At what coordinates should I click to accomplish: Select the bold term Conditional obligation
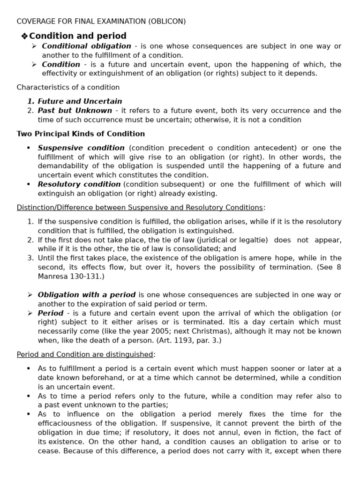pos(86,46)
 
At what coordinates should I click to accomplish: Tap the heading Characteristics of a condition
pos(68,87)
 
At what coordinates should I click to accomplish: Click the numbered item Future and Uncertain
pos(80,101)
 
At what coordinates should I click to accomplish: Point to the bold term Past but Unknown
pos(75,111)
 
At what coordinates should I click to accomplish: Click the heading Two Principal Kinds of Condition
pos(81,134)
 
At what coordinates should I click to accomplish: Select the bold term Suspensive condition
pos(81,148)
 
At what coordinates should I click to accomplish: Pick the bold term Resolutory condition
pos(79,185)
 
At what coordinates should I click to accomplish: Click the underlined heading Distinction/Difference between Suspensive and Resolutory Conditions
pos(140,208)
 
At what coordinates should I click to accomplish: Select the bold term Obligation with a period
pos(86,295)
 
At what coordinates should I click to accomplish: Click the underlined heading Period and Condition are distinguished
pos(85,354)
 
